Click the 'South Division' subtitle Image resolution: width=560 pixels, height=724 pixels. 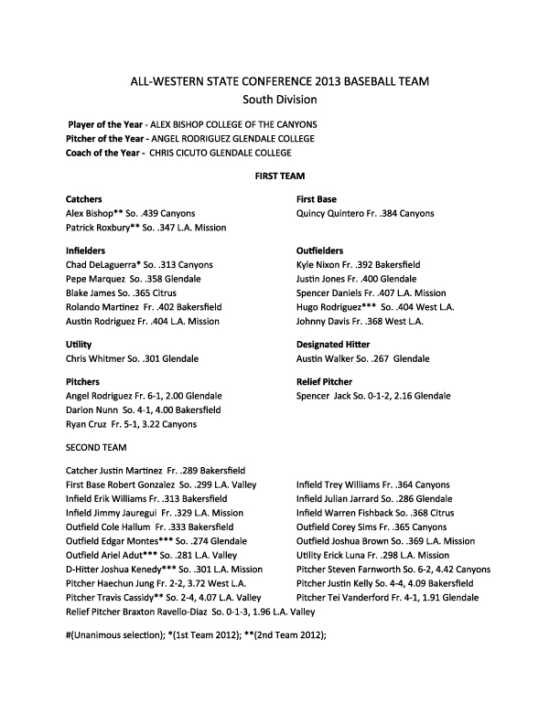[x=279, y=99]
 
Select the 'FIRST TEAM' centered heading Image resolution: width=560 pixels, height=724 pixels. [x=279, y=175]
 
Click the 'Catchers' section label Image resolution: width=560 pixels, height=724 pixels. [x=84, y=198]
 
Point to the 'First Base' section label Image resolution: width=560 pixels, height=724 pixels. [x=317, y=198]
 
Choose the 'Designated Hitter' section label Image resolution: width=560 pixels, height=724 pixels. [x=335, y=344]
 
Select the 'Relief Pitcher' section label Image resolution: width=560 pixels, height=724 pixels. [x=325, y=381]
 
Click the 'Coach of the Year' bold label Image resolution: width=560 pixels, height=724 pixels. [x=103, y=153]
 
